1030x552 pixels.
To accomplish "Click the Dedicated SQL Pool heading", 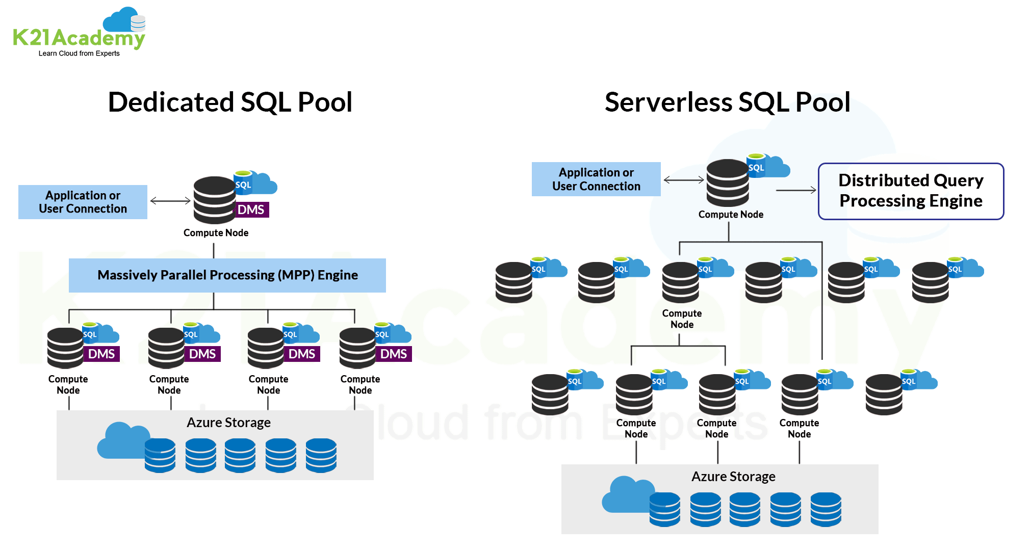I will (x=230, y=102).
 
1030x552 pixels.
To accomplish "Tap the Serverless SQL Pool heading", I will (x=727, y=102).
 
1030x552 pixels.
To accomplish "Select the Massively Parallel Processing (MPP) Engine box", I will (x=227, y=275).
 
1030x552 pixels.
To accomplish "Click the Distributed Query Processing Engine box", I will (x=911, y=191).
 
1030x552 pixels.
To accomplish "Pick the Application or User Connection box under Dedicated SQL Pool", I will (x=83, y=202).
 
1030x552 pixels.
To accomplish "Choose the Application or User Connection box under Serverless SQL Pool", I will (x=596, y=179).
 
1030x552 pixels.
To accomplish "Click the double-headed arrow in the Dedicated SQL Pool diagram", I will (x=170, y=201).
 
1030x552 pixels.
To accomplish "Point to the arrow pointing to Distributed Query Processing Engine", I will (x=795, y=190).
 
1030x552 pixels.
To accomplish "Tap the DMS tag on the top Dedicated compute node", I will (x=251, y=209).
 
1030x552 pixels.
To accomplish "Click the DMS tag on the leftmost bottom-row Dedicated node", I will (x=101, y=354).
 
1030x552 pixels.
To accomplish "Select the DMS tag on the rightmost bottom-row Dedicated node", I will (x=394, y=354).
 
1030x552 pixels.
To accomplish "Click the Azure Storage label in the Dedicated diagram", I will (x=228, y=423).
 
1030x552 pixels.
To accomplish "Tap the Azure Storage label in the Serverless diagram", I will (x=733, y=477).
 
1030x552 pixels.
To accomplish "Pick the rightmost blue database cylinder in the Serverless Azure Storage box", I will (x=826, y=509).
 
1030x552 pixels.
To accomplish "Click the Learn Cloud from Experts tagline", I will (x=79, y=54).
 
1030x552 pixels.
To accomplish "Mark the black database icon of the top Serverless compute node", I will (x=728, y=183).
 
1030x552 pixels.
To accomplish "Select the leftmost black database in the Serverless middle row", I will (x=513, y=282).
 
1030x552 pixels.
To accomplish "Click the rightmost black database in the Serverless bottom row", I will (x=884, y=395).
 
